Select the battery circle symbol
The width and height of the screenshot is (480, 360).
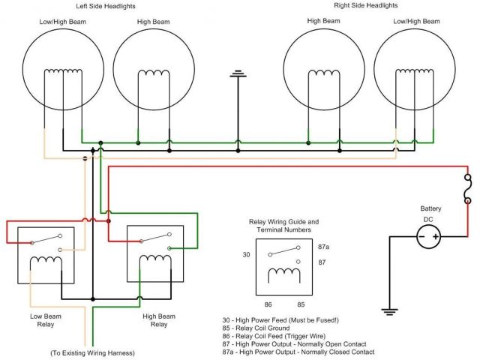click(x=427, y=237)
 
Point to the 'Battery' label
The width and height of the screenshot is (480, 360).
click(x=430, y=208)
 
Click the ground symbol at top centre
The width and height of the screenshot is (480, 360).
click(x=238, y=74)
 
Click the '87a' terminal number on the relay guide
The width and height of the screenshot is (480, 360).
click(x=324, y=247)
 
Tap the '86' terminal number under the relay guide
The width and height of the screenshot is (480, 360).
click(x=268, y=304)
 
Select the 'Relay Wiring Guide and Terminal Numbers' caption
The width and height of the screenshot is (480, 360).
click(x=283, y=226)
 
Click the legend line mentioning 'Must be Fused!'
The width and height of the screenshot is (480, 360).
click(x=289, y=320)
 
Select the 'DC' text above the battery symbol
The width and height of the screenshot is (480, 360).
click(x=429, y=218)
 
